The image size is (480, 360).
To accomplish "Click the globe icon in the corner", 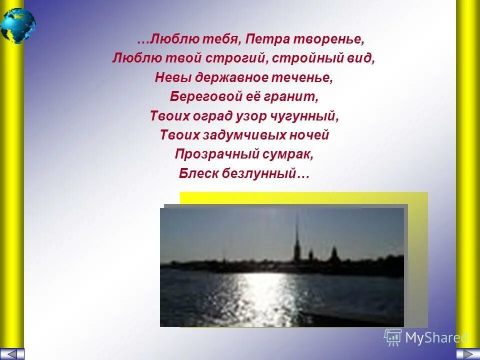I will (x=18, y=25).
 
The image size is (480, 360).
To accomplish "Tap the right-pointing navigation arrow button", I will (x=467, y=353).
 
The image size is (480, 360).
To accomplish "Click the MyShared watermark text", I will (x=436, y=338).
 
